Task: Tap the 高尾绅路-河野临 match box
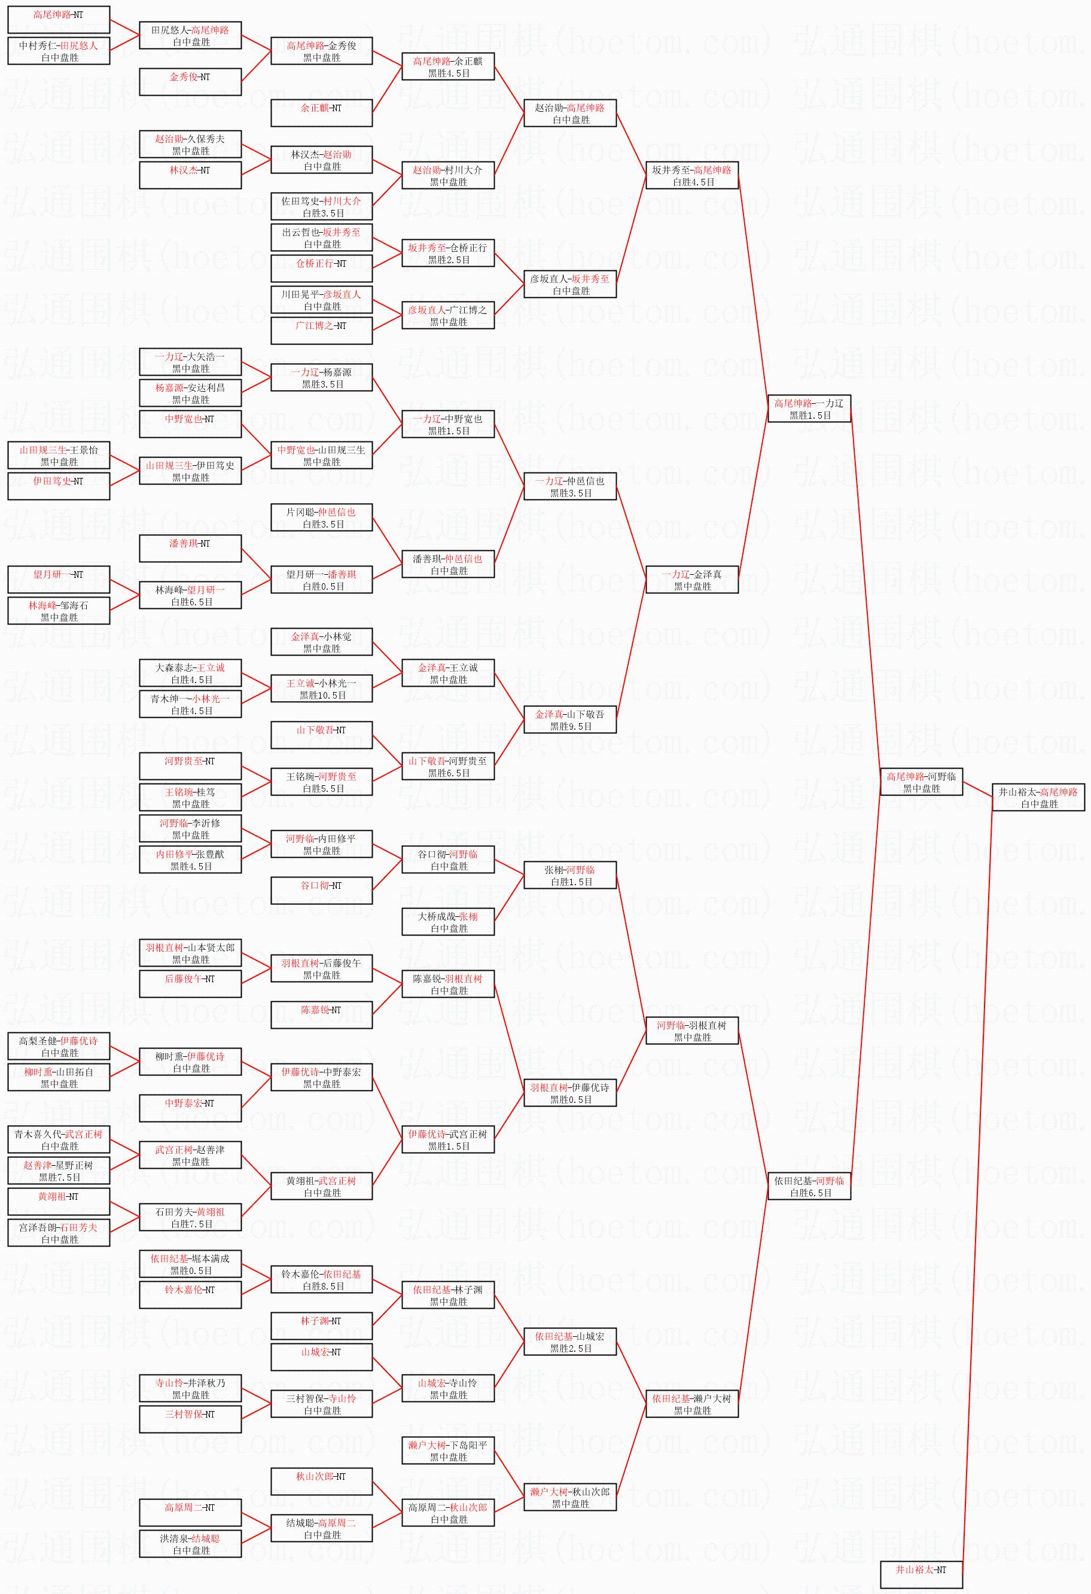coord(921,782)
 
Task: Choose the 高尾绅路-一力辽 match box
coord(809,409)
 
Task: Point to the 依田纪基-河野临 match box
coord(809,1187)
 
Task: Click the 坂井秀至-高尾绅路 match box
coord(692,176)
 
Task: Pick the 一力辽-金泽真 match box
coord(692,580)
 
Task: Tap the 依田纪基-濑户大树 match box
coord(692,1404)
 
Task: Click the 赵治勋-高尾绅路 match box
coord(570,113)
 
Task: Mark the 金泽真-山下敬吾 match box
coord(570,720)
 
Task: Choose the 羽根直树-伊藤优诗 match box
coord(570,1093)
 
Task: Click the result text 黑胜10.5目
coord(322,696)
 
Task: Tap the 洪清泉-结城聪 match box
coord(190,1544)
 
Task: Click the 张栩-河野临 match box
coord(570,875)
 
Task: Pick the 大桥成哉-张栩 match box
coord(448,922)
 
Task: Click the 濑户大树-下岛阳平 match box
coord(448,1450)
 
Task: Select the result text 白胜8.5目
coord(322,1286)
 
